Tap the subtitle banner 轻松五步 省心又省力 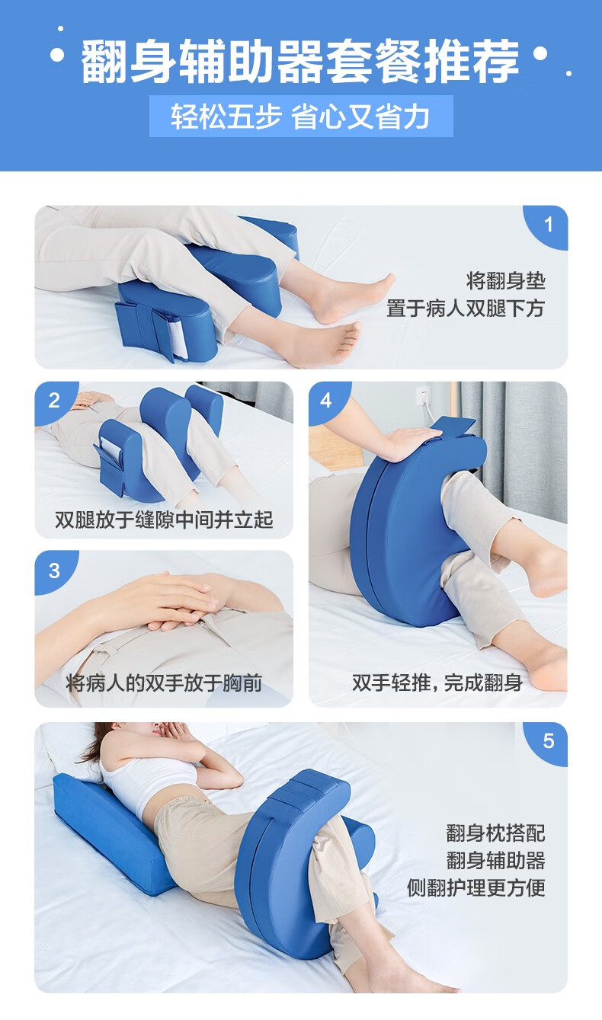300,117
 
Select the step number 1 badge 548,225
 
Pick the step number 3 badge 54,571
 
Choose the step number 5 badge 548,741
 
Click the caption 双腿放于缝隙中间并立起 164,520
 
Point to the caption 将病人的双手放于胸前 164,683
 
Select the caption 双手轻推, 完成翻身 437,683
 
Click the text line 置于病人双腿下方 465,309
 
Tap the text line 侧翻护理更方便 476,887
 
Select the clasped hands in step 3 164,602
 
